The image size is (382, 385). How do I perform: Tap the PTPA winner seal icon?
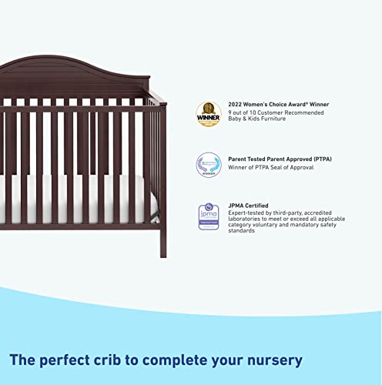click(x=208, y=164)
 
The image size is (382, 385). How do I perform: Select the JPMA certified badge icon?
click(x=208, y=216)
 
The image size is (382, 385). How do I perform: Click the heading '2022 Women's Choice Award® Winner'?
click(x=279, y=105)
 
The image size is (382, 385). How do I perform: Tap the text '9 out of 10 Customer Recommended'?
click(x=275, y=113)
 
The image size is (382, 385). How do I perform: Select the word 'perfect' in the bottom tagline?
click(x=82, y=360)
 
